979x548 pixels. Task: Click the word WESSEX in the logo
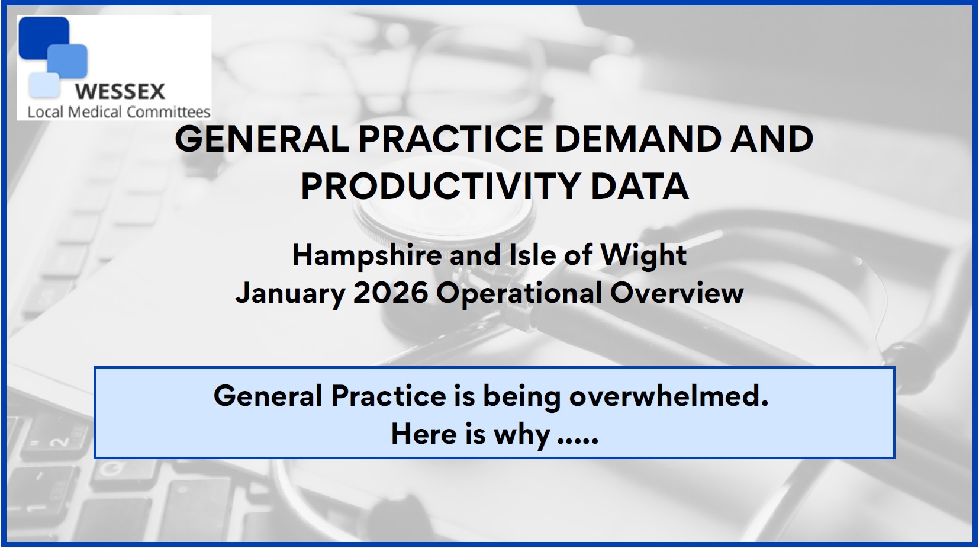click(x=120, y=91)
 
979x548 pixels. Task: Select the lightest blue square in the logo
click(x=44, y=85)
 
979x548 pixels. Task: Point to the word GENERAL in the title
click(x=262, y=139)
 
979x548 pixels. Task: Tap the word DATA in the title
click(x=639, y=186)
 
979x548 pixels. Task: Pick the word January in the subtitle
click(x=291, y=293)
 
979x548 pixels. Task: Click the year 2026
click(x=391, y=293)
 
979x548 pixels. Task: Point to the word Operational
click(x=519, y=293)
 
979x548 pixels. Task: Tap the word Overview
click(x=677, y=293)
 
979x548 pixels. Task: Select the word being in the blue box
click(x=522, y=397)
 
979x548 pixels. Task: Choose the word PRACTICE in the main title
click(x=451, y=139)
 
